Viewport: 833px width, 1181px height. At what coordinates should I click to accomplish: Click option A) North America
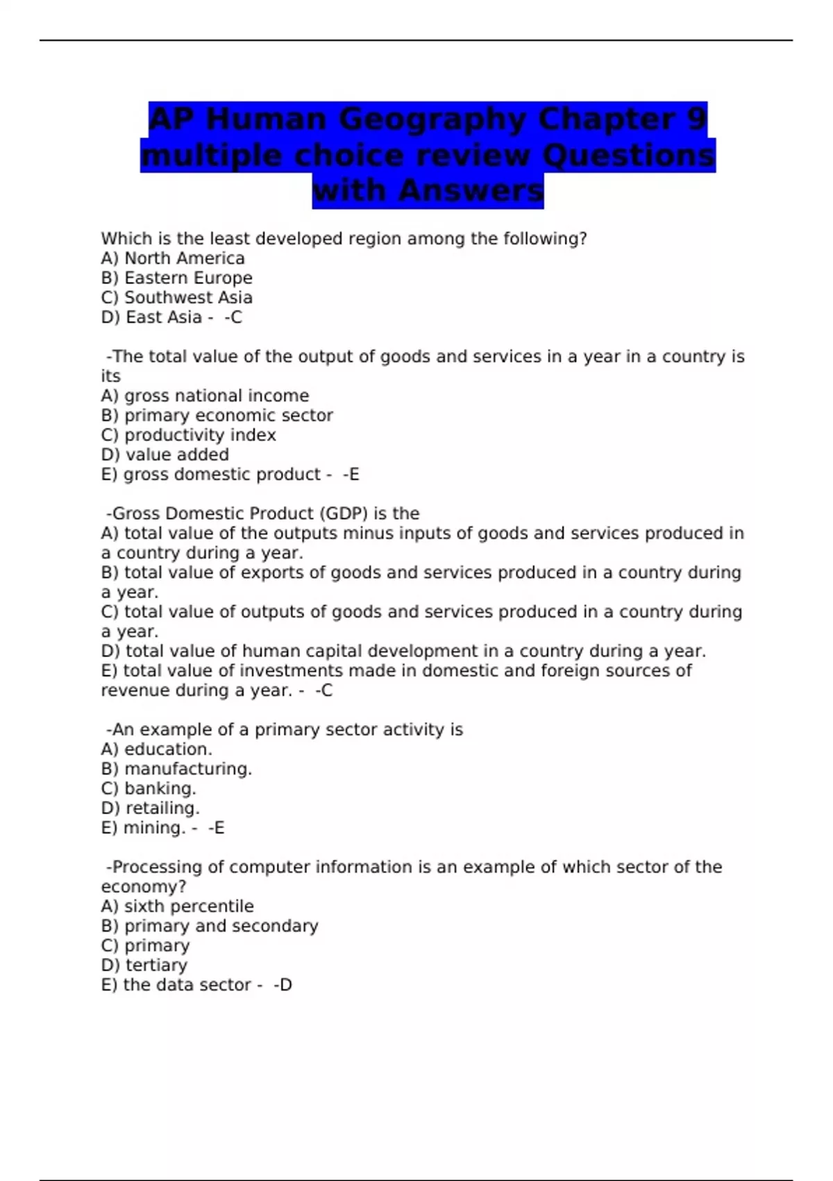pyautogui.click(x=173, y=258)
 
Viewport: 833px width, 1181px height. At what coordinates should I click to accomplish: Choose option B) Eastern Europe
pyautogui.click(x=176, y=278)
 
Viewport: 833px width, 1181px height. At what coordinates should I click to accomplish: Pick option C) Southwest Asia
pyautogui.click(x=176, y=297)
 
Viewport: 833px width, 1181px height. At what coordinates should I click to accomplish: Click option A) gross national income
pyautogui.click(x=205, y=395)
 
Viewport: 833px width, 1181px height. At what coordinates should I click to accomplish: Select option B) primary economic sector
pyautogui.click(x=217, y=415)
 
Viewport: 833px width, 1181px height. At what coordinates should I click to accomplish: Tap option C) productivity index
pyautogui.click(x=188, y=435)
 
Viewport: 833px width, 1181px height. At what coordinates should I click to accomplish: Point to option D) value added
pyautogui.click(x=165, y=454)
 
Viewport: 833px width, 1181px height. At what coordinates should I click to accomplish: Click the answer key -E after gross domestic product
pyautogui.click(x=351, y=474)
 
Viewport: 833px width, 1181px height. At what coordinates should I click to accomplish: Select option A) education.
pyautogui.click(x=156, y=749)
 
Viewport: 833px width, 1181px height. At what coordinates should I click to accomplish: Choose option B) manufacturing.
pyautogui.click(x=176, y=769)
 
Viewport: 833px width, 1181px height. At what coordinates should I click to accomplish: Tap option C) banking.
pyautogui.click(x=149, y=788)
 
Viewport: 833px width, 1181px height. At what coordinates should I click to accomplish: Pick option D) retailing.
pyautogui.click(x=150, y=808)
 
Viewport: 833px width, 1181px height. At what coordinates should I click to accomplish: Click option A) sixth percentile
pyautogui.click(x=177, y=907)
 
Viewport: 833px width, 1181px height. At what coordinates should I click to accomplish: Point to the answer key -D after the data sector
pyautogui.click(x=283, y=985)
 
